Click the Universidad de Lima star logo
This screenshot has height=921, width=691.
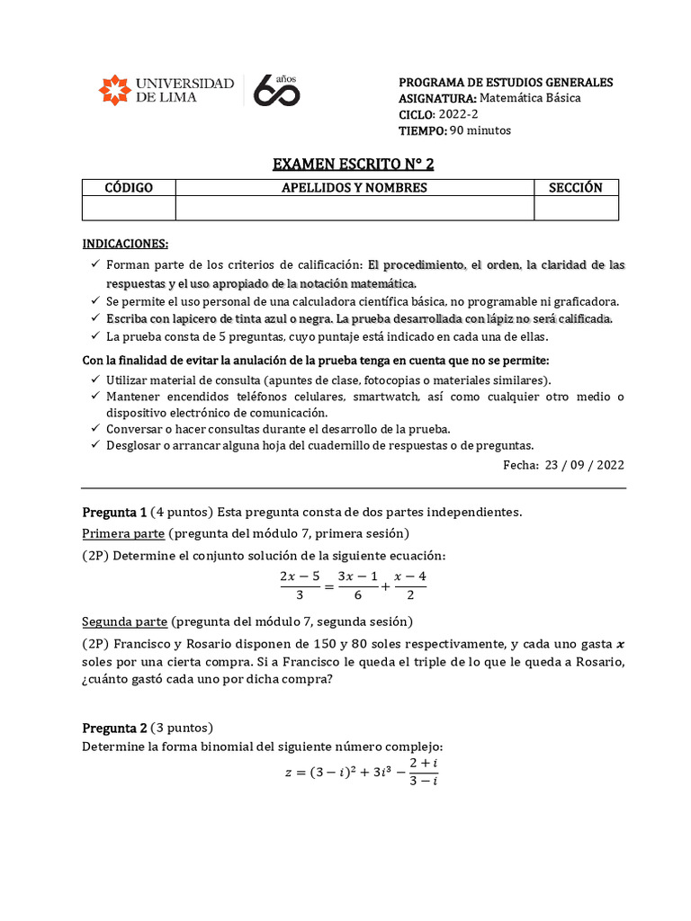pos(114,90)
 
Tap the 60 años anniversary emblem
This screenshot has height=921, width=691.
pos(276,91)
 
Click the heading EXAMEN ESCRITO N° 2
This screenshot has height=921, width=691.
pos(346,164)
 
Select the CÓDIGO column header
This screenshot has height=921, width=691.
pos(129,187)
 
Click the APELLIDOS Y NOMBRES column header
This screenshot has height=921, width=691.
pos(354,187)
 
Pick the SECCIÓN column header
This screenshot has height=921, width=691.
pos(576,187)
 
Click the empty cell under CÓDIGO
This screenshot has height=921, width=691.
pos(129,208)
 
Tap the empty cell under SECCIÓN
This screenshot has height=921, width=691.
pos(576,208)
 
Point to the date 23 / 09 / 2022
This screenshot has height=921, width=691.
pos(585,465)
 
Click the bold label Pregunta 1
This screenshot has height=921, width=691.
pos(114,512)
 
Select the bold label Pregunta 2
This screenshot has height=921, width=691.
pos(114,729)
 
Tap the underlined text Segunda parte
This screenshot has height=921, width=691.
pos(123,621)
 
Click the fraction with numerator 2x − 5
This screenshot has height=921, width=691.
pos(300,586)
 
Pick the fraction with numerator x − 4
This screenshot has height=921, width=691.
pos(410,586)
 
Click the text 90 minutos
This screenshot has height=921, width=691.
pos(480,130)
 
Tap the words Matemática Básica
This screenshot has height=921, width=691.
pos(531,98)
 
